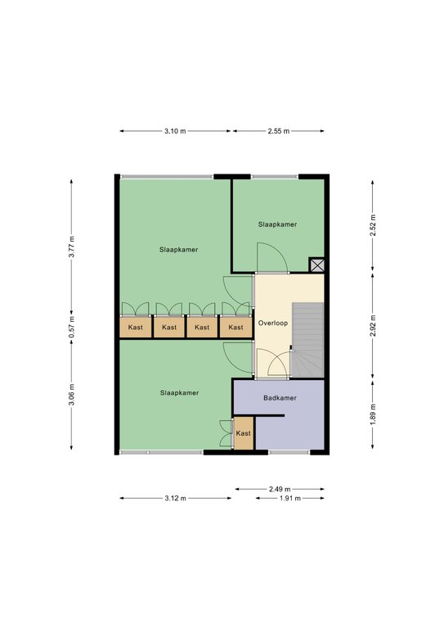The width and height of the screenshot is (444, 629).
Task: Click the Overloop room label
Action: click(272, 323)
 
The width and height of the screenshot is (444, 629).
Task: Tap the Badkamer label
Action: click(280, 398)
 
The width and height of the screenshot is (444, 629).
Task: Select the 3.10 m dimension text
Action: click(175, 131)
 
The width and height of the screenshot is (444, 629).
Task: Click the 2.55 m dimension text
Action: click(279, 131)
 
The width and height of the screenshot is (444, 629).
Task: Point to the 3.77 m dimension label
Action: click(72, 247)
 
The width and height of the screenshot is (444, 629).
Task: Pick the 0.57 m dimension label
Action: click(72, 327)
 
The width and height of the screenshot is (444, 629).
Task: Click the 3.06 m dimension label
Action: click(72, 395)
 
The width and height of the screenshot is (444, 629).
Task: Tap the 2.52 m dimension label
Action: click(373, 226)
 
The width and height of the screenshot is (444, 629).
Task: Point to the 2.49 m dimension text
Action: click(280, 489)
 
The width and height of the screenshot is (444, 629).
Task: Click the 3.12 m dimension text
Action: click(175, 498)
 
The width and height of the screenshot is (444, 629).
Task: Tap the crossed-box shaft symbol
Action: click(316, 265)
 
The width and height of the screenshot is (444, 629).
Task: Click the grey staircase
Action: click(307, 340)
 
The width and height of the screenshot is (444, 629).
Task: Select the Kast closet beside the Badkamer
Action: click(244, 433)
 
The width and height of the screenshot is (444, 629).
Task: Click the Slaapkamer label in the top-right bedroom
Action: click(277, 224)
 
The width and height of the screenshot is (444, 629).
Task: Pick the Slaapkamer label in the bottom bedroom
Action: click(179, 393)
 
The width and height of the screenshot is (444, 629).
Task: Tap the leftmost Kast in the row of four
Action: click(136, 328)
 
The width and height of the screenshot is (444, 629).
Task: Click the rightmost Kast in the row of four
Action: click(235, 328)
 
